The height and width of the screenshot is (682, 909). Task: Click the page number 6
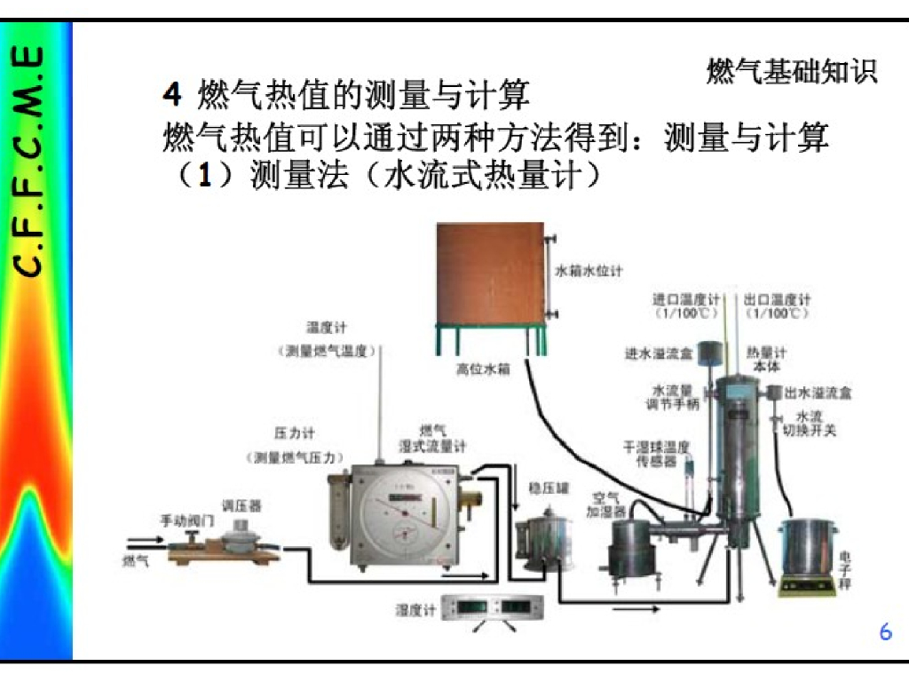coord(885,632)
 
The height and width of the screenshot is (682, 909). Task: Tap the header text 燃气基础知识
coord(792,72)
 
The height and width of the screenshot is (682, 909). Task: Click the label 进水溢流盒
coord(658,353)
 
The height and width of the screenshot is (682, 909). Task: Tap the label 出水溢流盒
coord(818,393)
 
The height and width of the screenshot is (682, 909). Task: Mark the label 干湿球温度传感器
coord(656,453)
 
